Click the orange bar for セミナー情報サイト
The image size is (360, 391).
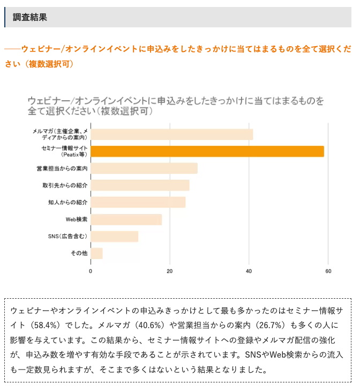[x=207, y=151]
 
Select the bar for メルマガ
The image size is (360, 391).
[x=171, y=134]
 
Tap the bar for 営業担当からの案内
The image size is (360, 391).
[x=144, y=168]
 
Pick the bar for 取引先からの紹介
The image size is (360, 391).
[x=140, y=185]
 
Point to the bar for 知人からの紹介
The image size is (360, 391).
[x=138, y=202]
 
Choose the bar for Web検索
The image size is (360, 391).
[x=126, y=219]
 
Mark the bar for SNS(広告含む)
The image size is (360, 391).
[x=114, y=237]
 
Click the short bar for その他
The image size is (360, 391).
[x=96, y=253]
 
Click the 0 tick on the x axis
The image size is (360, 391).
[x=91, y=271]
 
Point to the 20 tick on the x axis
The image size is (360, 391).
[x=170, y=271]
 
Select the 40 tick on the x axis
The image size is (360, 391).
[x=249, y=271]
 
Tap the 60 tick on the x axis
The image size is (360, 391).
[x=328, y=271]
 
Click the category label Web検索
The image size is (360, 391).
[x=77, y=219]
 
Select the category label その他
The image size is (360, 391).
[x=79, y=253]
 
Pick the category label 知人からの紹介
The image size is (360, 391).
[x=67, y=202]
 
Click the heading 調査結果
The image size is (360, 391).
[x=30, y=17]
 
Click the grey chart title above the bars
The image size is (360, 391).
[x=177, y=106]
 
